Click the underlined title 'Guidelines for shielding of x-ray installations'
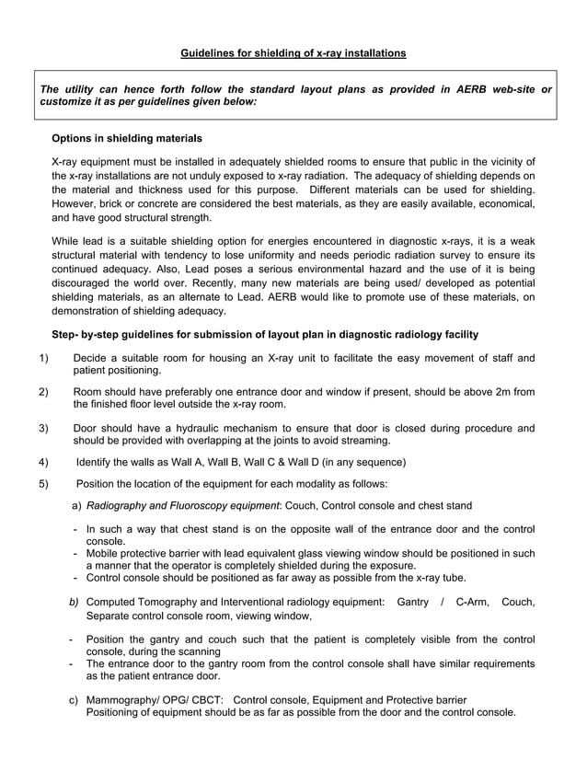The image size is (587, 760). coord(293,53)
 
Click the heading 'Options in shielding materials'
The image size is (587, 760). coord(127,138)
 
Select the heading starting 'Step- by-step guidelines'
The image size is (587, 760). coord(264,333)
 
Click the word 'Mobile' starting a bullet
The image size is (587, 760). coord(104,553)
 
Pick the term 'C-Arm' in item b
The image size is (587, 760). coord(472,601)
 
